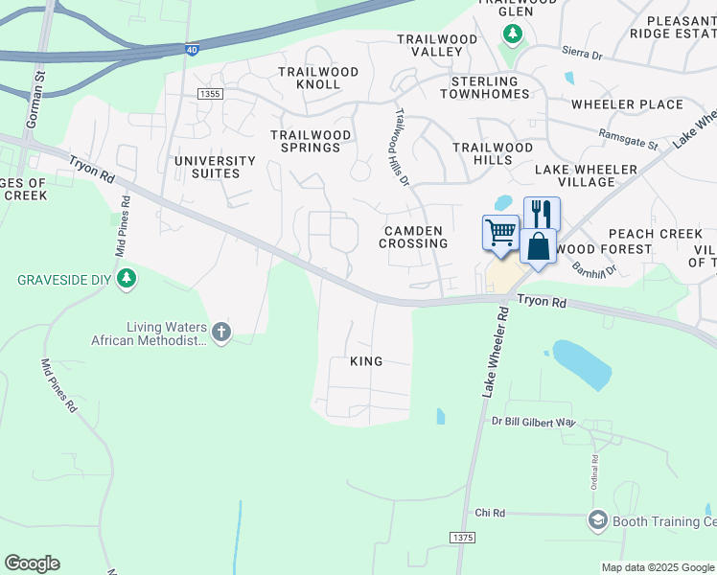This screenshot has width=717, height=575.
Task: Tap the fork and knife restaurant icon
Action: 542,213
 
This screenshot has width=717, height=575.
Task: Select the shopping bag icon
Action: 539,245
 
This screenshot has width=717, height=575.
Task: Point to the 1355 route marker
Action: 210,93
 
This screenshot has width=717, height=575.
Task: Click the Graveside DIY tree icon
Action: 126,280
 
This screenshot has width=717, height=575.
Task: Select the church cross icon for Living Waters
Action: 221,333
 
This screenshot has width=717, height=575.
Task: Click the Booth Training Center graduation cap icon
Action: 598,520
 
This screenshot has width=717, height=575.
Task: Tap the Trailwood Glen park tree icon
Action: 513,35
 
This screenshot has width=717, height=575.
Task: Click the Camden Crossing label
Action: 413,237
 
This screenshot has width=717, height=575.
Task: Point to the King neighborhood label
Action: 366,361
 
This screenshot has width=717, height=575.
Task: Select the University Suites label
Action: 215,167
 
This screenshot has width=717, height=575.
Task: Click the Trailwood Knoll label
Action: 318,78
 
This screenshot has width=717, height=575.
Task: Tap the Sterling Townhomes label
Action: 484,87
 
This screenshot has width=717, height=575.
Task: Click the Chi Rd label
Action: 489,514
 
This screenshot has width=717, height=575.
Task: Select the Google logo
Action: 32,563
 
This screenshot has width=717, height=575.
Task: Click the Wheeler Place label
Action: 627,104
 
